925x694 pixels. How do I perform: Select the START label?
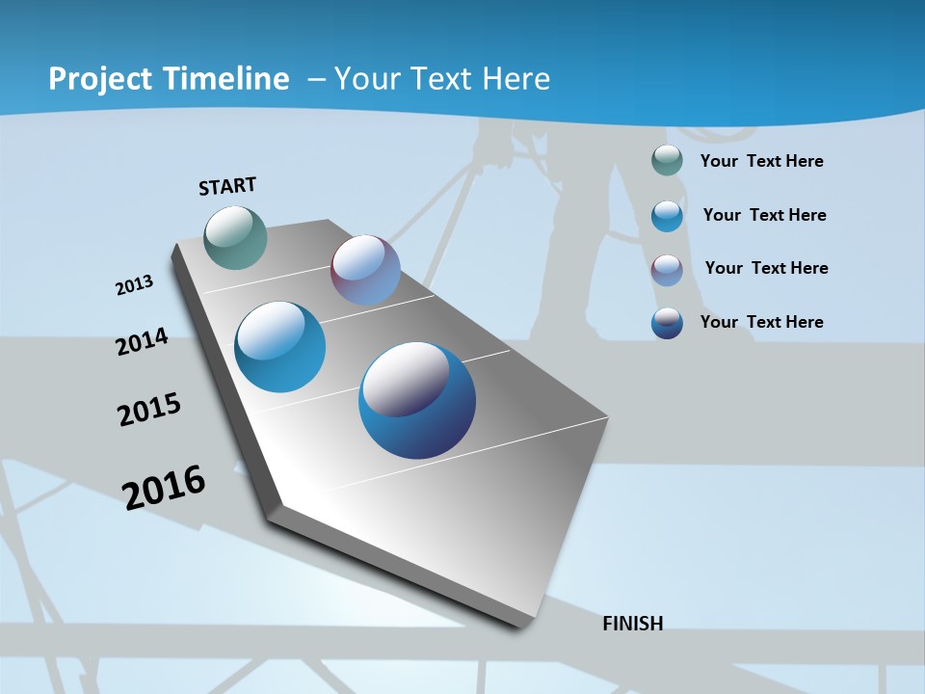point(227,185)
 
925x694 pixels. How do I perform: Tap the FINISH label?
point(632,624)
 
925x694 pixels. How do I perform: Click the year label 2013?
point(134,285)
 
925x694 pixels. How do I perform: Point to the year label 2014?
point(142,341)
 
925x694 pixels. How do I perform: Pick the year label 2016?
point(164,487)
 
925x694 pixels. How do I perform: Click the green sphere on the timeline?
point(236,237)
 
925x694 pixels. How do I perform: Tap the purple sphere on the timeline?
point(365,270)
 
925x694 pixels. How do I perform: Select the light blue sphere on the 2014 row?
point(280,347)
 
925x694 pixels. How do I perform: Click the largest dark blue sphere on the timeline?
point(417,400)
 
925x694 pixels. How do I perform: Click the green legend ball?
point(667,160)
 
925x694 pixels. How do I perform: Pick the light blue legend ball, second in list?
point(667,215)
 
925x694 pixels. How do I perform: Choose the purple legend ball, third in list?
point(667,269)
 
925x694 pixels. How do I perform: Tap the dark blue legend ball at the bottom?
point(667,323)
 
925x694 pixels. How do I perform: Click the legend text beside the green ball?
point(761,161)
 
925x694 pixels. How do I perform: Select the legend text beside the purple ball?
point(766,268)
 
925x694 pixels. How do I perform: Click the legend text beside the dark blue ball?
point(761,322)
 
